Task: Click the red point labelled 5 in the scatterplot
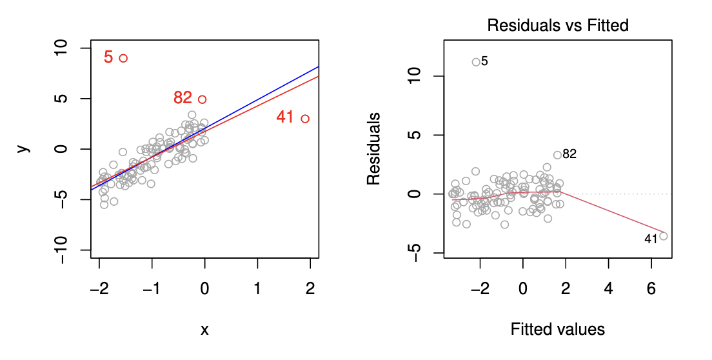click(123, 58)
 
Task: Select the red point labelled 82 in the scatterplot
click(202, 99)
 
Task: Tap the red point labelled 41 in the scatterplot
click(305, 119)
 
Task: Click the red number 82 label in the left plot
click(183, 98)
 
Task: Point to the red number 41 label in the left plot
click(285, 117)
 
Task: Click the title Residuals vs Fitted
click(558, 26)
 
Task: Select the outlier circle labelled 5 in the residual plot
click(476, 62)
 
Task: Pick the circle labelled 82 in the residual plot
click(557, 155)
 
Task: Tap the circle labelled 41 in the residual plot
click(663, 236)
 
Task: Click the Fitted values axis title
click(558, 330)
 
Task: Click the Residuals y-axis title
click(373, 149)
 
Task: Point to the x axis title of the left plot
click(204, 330)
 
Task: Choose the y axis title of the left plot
click(24, 148)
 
